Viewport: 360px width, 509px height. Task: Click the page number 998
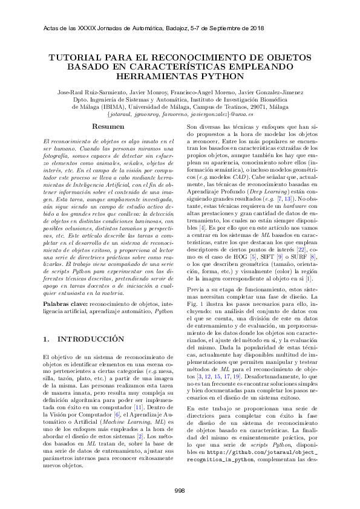[x=180, y=490]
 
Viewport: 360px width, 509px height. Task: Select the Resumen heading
[x=108, y=127]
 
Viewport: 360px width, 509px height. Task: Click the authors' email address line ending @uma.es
[x=180, y=113]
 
